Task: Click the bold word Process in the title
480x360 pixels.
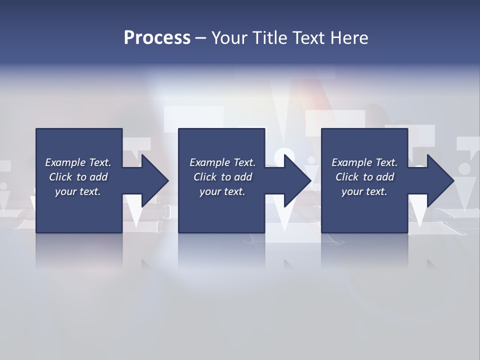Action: [x=157, y=38]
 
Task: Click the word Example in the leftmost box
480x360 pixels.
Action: [x=65, y=162]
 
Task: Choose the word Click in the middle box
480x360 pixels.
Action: [x=205, y=177]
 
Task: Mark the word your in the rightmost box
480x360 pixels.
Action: [x=352, y=191]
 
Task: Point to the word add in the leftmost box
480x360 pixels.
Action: [x=98, y=177]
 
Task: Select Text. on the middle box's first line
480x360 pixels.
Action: [x=243, y=162]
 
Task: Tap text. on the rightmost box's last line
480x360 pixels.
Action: [x=376, y=191]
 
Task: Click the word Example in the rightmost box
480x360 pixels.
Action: [x=352, y=162]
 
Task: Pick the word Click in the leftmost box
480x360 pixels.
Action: [x=60, y=177]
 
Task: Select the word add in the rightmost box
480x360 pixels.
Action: [x=385, y=177]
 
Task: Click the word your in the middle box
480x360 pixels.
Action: [x=210, y=191]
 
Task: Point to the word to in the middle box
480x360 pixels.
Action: [x=226, y=177]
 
